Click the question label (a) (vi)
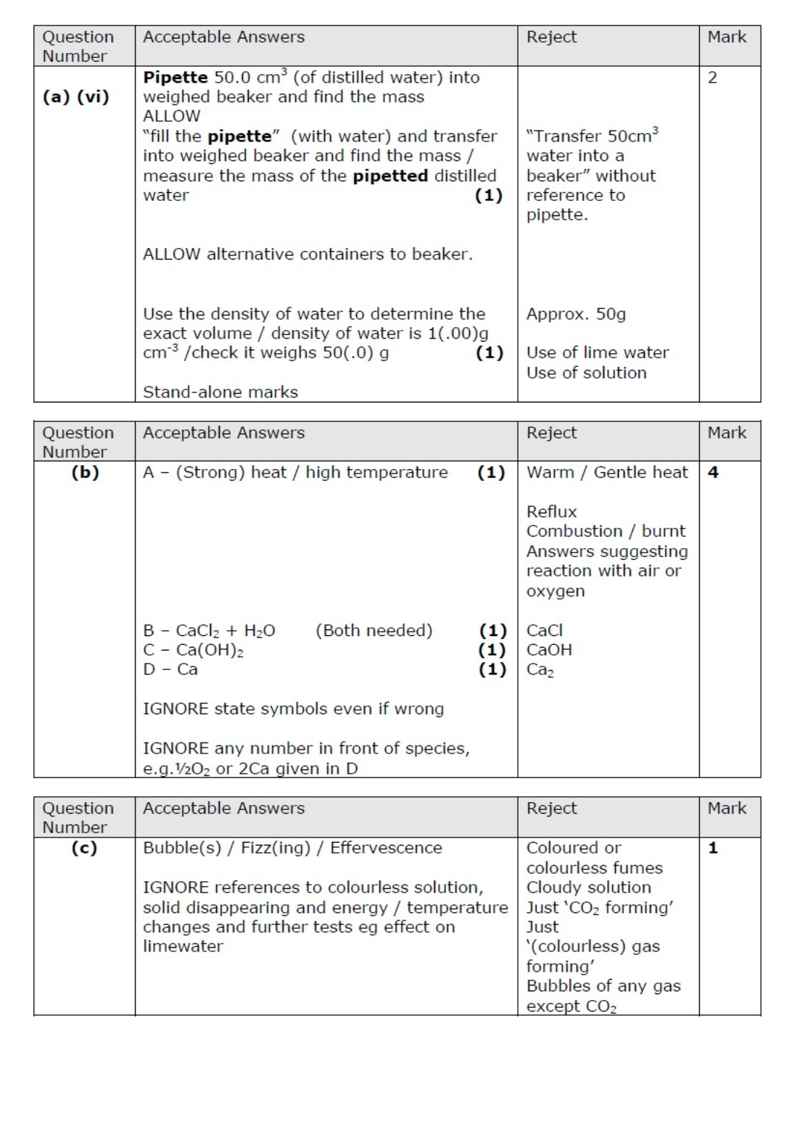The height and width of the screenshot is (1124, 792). coord(75,96)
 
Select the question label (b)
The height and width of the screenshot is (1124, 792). coord(85,473)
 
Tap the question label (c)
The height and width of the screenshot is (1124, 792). coord(84,848)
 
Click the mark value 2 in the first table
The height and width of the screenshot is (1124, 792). coord(712,78)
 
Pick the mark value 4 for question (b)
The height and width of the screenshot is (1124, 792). coord(713,473)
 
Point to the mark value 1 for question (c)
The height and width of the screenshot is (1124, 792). coord(713,848)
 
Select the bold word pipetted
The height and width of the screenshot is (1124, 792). coord(390,175)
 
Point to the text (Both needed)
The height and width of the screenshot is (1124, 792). coord(374,630)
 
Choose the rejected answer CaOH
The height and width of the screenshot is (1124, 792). coord(549,650)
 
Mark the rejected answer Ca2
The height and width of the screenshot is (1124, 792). coord(540,670)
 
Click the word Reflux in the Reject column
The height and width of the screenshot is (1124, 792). coord(551,512)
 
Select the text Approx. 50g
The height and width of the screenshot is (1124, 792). coord(576,314)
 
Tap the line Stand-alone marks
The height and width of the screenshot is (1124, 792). coord(220,392)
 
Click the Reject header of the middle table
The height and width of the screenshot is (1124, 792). coord(551,433)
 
